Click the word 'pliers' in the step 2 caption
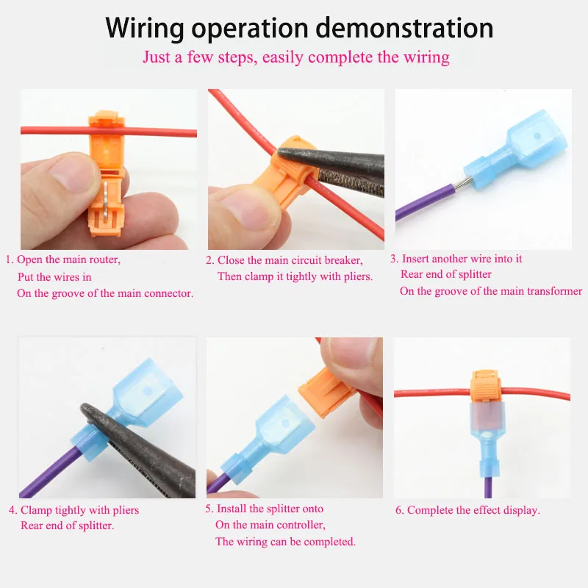[354, 276]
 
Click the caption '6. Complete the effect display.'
[467, 510]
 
